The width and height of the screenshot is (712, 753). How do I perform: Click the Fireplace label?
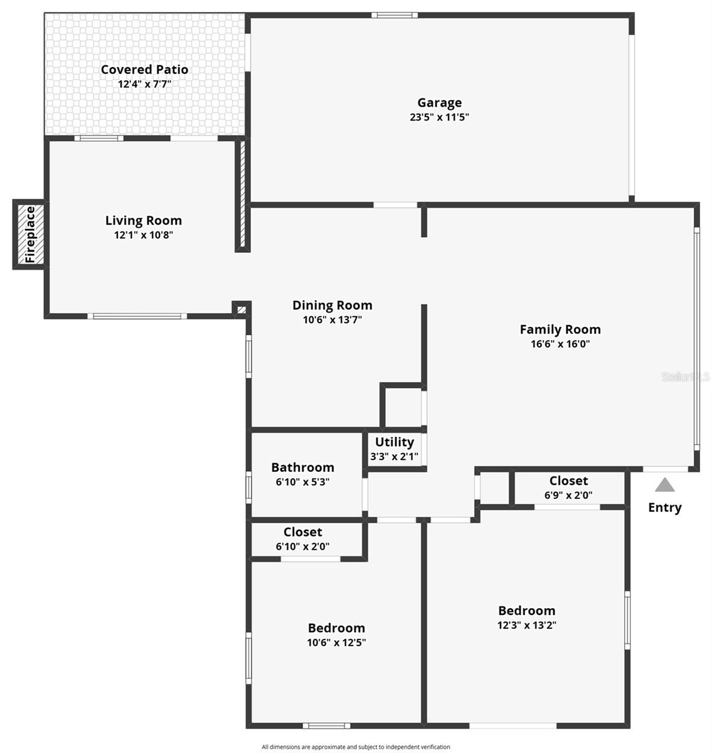[30, 235]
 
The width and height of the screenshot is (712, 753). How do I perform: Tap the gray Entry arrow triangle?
[665, 485]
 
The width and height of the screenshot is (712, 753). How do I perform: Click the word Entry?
[664, 507]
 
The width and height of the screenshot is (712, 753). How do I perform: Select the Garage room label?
[439, 102]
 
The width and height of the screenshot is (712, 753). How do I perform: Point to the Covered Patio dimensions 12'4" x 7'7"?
[144, 83]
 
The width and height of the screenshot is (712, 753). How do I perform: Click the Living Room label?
[143, 220]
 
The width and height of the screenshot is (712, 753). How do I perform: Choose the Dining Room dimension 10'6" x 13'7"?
[332, 319]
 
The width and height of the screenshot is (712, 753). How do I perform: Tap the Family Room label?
[560, 329]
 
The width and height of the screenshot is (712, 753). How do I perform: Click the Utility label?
[394, 442]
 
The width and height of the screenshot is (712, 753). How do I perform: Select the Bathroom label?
[302, 467]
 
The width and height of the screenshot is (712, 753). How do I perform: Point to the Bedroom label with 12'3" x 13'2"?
[526, 611]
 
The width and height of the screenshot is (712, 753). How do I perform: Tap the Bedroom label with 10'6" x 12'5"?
[336, 627]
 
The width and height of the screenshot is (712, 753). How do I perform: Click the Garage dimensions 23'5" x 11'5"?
[439, 117]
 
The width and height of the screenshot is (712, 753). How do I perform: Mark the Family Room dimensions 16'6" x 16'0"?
[560, 344]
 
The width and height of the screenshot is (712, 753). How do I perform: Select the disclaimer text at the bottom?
[356, 747]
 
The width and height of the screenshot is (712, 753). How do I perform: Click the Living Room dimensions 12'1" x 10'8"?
[143, 235]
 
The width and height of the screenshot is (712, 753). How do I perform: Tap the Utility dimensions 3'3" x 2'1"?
[394, 457]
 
